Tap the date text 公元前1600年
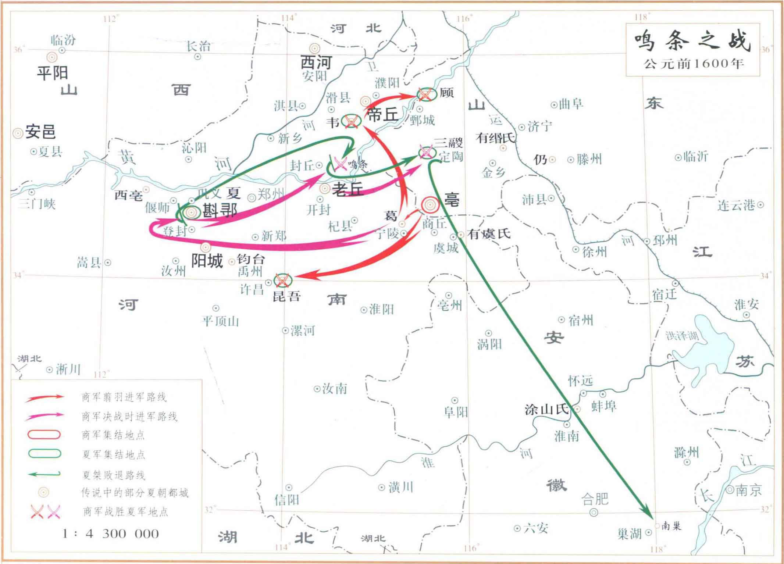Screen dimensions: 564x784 [694, 64]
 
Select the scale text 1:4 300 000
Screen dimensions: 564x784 [110, 533]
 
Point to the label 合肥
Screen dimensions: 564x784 [595, 499]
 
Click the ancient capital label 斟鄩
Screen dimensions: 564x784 [220, 211]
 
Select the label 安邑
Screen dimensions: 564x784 [40, 132]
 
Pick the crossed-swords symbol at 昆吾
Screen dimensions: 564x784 [282, 281]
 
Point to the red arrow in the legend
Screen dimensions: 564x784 [44, 397]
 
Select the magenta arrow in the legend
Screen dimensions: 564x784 [44, 416]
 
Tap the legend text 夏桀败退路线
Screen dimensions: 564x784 [114, 475]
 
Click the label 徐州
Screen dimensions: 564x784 [594, 251]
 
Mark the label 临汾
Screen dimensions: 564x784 [63, 39]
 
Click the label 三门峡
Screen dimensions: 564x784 [37, 203]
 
